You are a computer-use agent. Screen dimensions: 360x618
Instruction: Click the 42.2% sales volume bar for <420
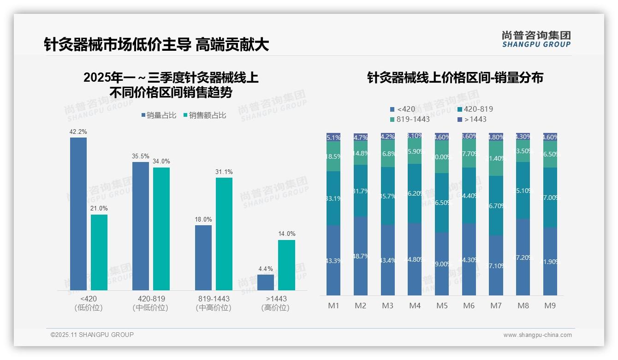click(78, 214)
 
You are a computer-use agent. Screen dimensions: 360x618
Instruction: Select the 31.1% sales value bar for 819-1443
click(224, 234)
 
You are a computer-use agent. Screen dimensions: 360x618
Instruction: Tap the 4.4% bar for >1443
click(266, 282)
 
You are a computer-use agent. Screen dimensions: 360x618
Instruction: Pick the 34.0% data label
click(161, 162)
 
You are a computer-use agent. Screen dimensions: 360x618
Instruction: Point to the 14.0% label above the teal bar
click(286, 234)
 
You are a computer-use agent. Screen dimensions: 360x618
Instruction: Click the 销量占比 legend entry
click(159, 115)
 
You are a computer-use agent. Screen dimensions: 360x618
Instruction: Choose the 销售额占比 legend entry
click(205, 115)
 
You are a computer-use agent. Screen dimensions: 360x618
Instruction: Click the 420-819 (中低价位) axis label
click(151, 303)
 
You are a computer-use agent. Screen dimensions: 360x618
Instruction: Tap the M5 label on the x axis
click(442, 306)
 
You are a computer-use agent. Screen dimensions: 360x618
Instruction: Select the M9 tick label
click(550, 306)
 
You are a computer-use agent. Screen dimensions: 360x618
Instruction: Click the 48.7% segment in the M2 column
click(361, 256)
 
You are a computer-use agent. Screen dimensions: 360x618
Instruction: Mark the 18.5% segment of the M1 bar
click(333, 156)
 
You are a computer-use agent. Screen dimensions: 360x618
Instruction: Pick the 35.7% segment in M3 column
click(388, 196)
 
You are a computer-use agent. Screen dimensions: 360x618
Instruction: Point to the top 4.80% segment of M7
click(496, 137)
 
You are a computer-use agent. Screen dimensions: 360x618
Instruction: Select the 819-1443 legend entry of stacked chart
click(410, 120)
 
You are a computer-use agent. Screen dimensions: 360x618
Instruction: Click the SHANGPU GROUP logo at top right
click(536, 39)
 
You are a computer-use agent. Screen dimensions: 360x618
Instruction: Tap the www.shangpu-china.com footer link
click(537, 335)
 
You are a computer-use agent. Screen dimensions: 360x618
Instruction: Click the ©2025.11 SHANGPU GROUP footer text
click(92, 335)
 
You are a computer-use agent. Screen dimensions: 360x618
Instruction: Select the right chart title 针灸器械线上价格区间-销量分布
click(455, 78)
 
